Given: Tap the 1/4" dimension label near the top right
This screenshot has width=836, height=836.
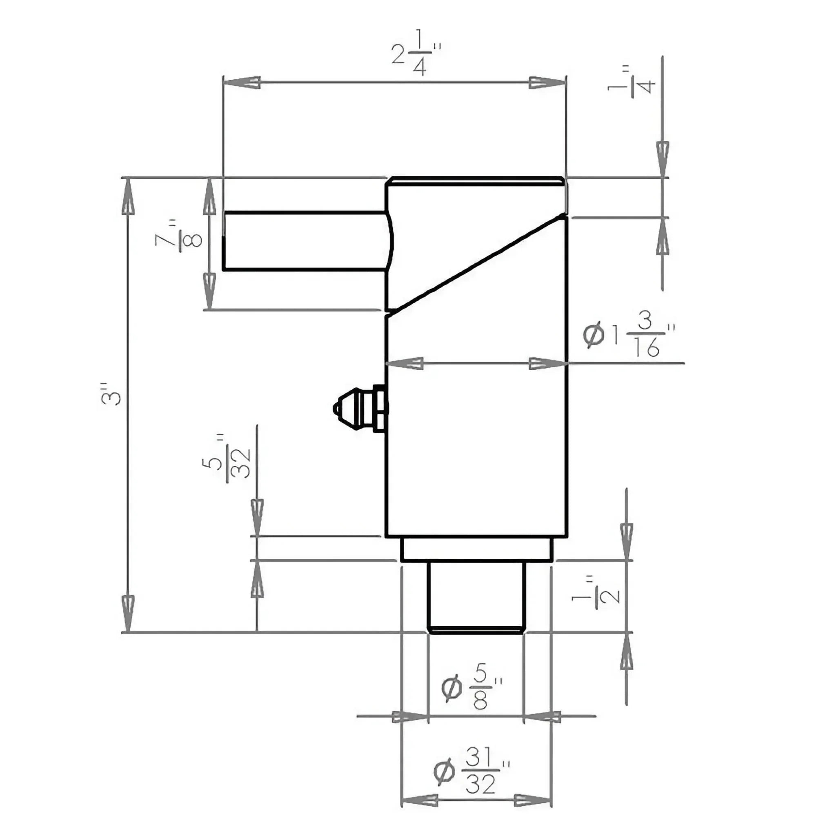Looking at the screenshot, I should pyautogui.click(x=632, y=82).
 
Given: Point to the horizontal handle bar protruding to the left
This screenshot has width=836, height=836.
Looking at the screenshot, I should pyautogui.click(x=303, y=240).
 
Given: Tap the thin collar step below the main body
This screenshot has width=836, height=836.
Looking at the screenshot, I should pyautogui.click(x=476, y=549).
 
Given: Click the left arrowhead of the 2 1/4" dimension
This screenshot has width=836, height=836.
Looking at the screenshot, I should pyautogui.click(x=242, y=82).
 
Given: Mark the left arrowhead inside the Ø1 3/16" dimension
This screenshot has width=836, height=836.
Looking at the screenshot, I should pyautogui.click(x=405, y=363).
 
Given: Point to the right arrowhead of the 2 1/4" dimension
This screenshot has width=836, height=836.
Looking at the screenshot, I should pyautogui.click(x=548, y=82).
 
